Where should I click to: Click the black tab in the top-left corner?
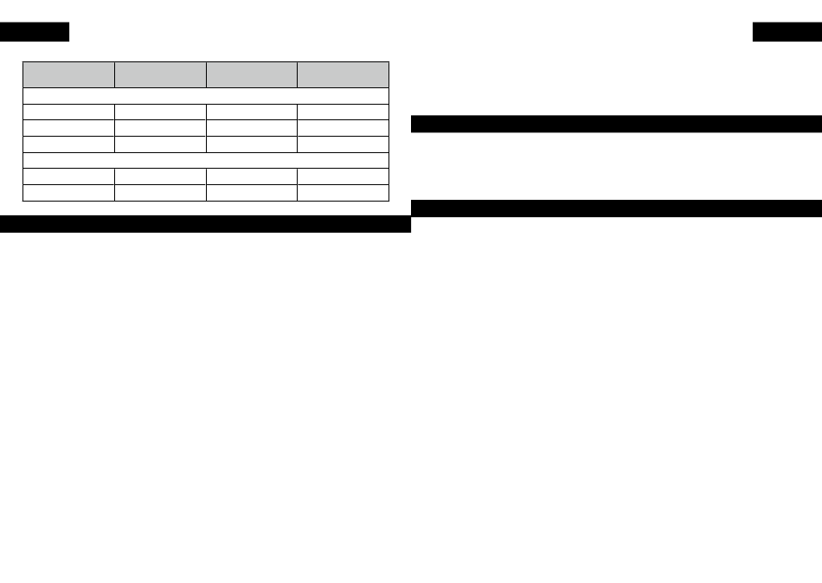35,32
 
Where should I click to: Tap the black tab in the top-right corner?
787,32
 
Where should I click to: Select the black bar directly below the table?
205,225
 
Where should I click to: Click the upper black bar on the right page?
616,124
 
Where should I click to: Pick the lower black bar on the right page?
616,208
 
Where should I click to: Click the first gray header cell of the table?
68,74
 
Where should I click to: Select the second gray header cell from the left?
160,74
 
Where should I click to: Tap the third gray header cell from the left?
252,74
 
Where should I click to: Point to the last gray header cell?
344,74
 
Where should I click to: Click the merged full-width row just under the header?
206,96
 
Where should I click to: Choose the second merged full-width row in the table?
206,160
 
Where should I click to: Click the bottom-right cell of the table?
344,193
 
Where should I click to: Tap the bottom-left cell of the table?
68,193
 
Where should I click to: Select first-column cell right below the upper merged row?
68,112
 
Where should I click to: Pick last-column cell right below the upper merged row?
344,112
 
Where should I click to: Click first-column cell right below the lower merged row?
68,176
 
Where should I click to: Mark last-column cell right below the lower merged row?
344,176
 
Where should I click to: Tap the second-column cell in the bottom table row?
160,193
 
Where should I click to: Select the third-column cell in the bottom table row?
252,193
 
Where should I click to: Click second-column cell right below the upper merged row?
160,112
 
